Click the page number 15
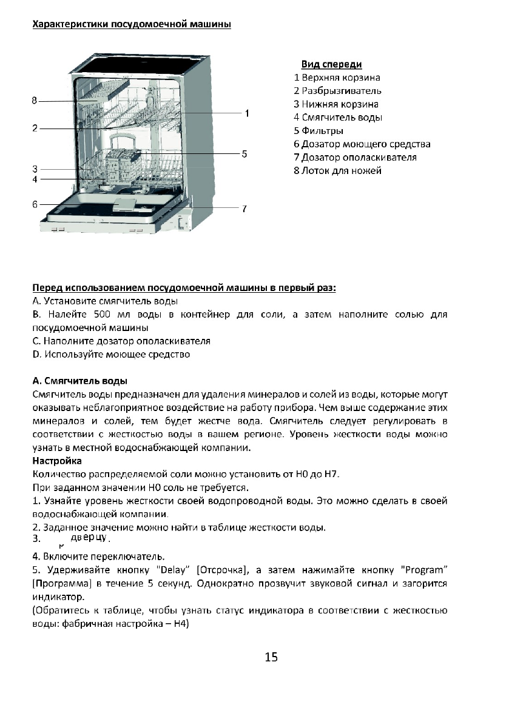(271, 657)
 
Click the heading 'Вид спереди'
(331, 64)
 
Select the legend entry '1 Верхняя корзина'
(337, 78)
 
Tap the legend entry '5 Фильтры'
(319, 131)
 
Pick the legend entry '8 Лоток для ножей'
(337, 171)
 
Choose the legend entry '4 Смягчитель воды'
(338, 118)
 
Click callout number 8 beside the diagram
(35, 100)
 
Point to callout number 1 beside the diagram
(248, 113)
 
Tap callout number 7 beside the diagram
(244, 209)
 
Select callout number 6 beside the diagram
(35, 204)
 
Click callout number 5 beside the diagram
(244, 154)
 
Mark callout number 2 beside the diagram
(35, 128)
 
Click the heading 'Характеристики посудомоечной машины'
(131, 25)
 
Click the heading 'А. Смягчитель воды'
(79, 381)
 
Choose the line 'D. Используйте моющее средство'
(110, 355)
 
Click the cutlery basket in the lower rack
(123, 163)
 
